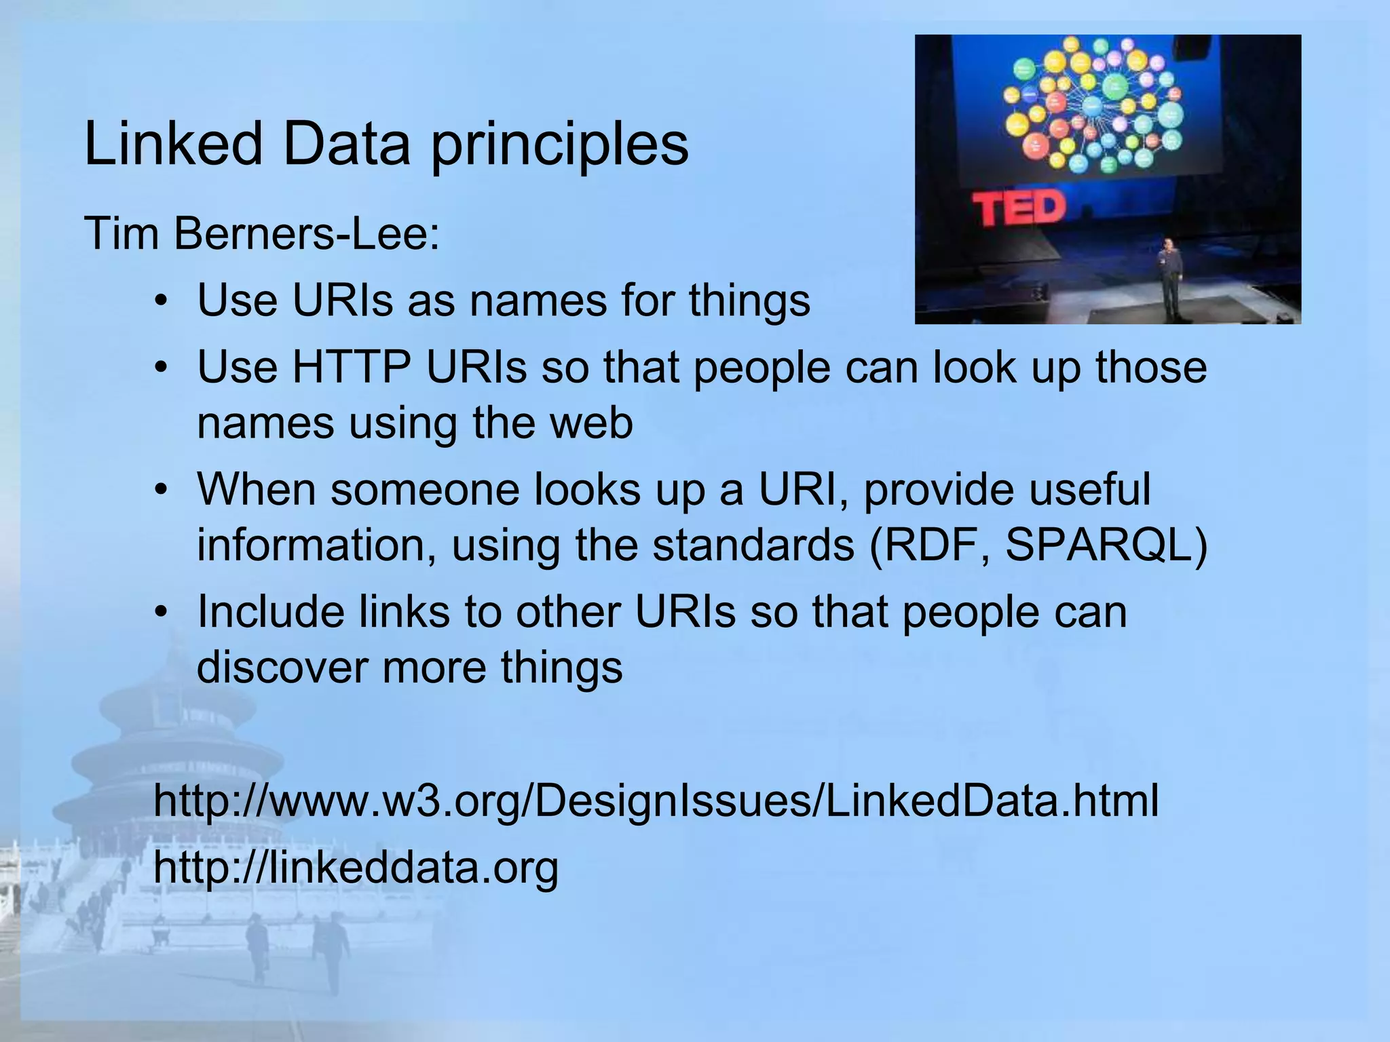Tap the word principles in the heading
[x=559, y=146]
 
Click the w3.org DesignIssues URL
[x=656, y=800]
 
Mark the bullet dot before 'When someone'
[x=160, y=490]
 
